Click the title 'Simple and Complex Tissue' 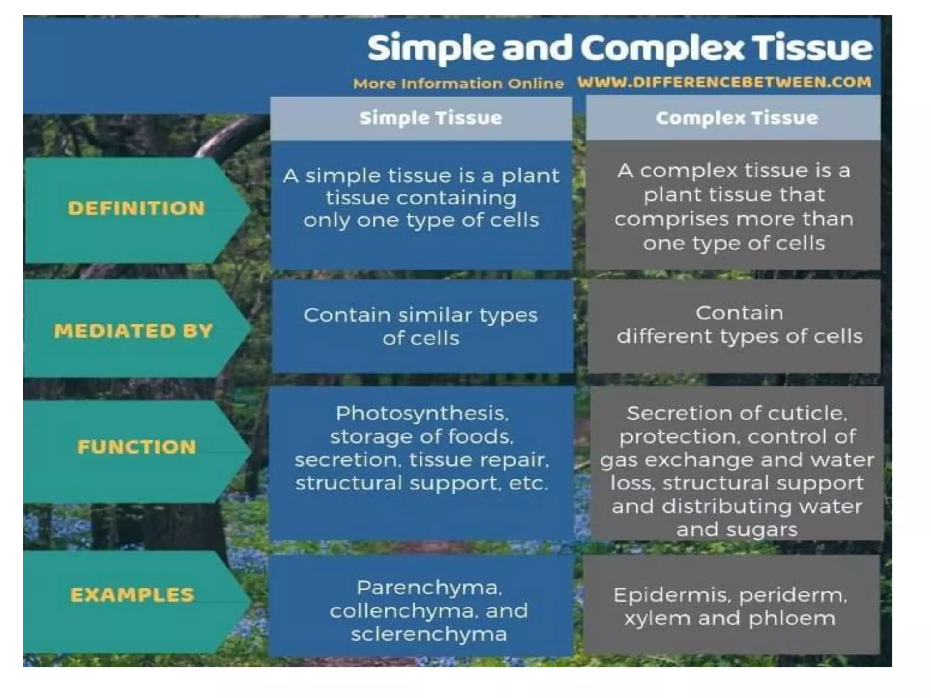[x=620, y=48]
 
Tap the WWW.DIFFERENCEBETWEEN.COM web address [x=724, y=82]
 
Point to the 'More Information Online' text [x=458, y=84]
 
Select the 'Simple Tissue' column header [x=430, y=118]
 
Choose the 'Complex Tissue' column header [x=736, y=118]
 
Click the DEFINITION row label [x=136, y=209]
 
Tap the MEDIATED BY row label [x=133, y=331]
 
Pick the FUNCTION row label [x=136, y=447]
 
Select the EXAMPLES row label [x=132, y=595]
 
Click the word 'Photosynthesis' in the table [x=421, y=414]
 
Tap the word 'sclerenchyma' [x=429, y=634]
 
